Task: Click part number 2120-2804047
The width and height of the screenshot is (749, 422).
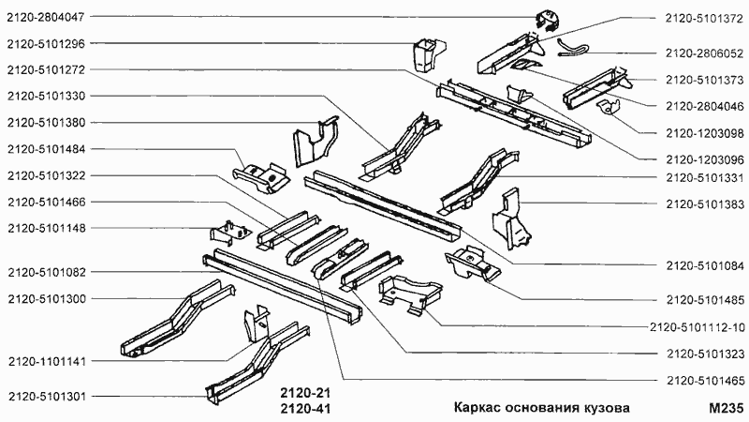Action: (x=45, y=18)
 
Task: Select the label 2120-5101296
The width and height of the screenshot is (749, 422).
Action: (x=45, y=43)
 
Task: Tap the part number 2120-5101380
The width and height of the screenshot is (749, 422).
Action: (x=45, y=122)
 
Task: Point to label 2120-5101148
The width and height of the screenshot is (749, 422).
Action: (x=45, y=227)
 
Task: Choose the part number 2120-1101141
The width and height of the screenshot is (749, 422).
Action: (x=45, y=361)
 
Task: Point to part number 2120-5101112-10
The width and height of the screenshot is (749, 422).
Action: (x=697, y=327)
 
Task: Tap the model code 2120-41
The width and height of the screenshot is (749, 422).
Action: (x=307, y=409)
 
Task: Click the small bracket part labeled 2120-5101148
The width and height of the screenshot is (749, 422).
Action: (x=226, y=231)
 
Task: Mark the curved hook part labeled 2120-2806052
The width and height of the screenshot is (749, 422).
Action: (x=573, y=46)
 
